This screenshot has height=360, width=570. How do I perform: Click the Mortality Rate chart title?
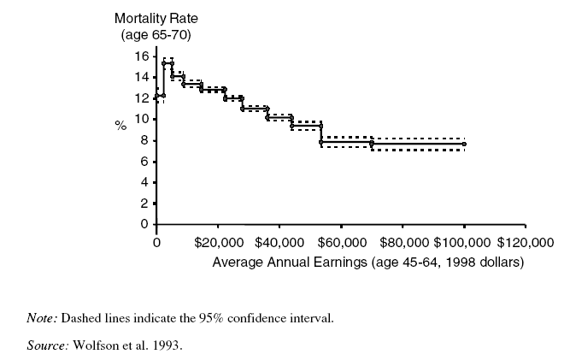(151, 17)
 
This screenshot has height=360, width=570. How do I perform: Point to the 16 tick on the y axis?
(143, 56)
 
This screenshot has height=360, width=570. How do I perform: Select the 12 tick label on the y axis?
(143, 97)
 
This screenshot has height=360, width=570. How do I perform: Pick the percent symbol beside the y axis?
(120, 126)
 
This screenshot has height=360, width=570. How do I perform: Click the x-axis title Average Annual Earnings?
(367, 260)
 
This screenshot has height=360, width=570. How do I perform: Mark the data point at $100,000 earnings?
(465, 144)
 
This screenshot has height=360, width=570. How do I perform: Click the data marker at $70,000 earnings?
(372, 143)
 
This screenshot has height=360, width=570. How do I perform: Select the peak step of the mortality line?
(167, 64)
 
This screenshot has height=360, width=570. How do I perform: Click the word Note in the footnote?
(41, 319)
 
